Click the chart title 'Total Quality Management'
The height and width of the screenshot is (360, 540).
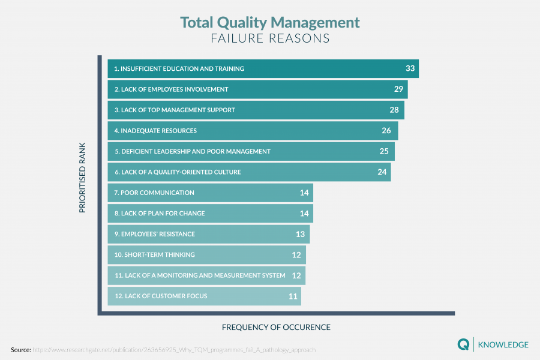270,23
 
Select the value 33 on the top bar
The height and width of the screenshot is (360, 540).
410,68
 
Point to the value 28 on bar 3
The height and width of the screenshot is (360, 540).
394,110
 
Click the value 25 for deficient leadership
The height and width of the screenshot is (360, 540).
385,151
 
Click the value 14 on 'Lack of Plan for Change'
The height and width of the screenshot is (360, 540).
304,214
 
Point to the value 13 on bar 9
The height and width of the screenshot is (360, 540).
300,234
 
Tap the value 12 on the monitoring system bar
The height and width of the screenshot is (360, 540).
296,275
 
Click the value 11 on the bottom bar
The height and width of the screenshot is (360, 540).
293,296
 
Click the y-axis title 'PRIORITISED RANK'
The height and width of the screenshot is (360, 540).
82,177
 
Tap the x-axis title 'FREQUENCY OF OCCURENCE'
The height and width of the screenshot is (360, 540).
276,328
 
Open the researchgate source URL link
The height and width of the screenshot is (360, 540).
173,349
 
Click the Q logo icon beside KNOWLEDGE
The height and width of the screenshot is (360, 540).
463,344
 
